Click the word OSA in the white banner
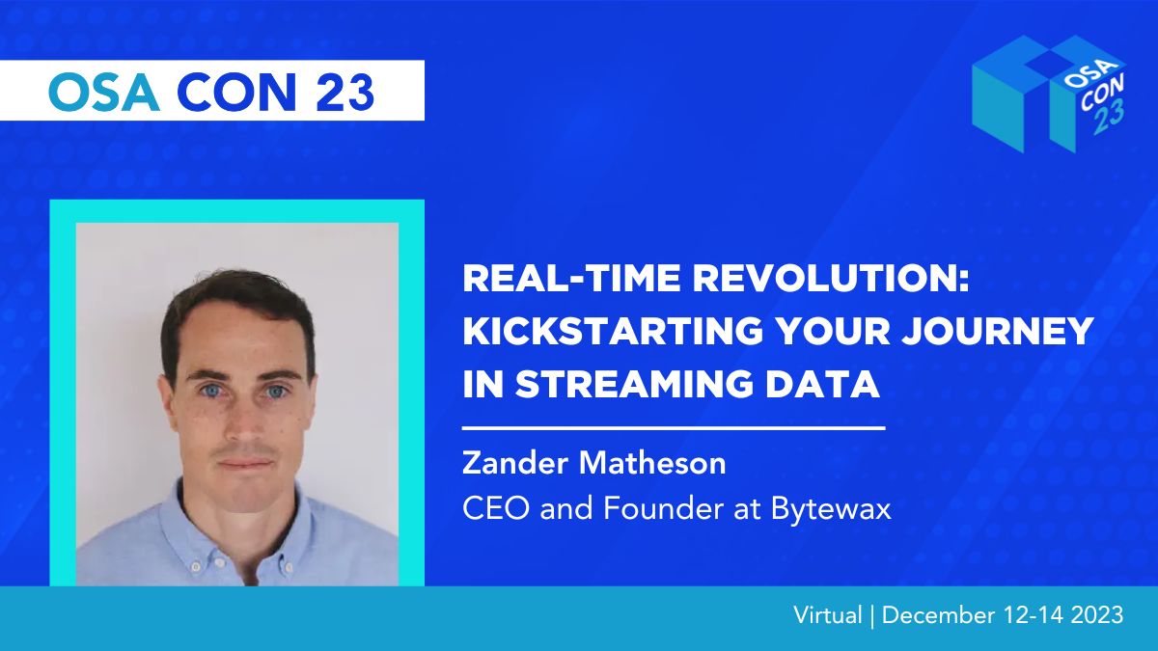tap(103, 92)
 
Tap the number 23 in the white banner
tap(345, 92)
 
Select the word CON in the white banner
tap(236, 92)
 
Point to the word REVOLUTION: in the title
tap(831, 279)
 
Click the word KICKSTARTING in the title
tap(613, 331)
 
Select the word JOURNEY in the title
tap(997, 331)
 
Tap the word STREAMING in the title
tap(635, 384)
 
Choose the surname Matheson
tap(652, 463)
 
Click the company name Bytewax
tap(831, 509)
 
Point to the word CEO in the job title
tap(496, 509)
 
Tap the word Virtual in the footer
tap(828, 615)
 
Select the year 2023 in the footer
tap(1097, 615)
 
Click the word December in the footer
tap(938, 615)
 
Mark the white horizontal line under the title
tap(674, 428)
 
